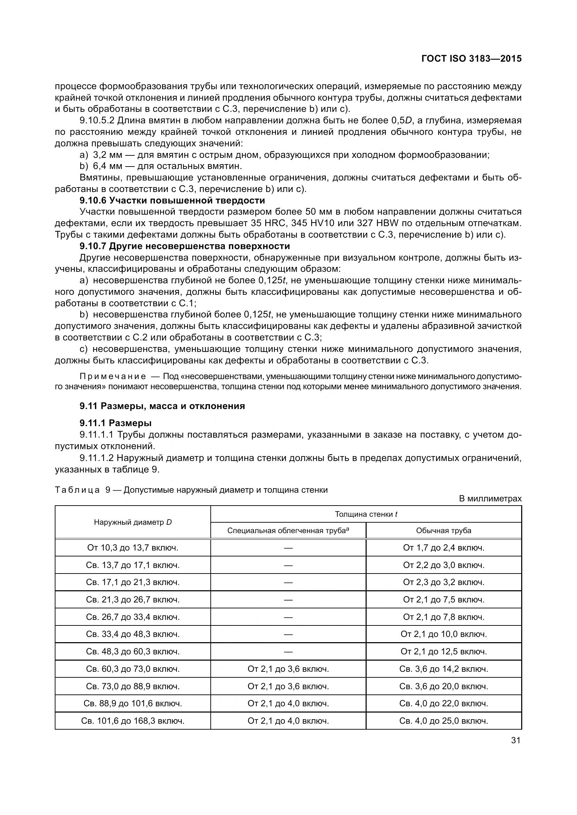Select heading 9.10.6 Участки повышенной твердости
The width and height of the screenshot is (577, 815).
coord(172,201)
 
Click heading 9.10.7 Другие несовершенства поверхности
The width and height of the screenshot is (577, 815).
coord(185,246)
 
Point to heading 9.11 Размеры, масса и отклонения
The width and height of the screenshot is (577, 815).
coord(162,406)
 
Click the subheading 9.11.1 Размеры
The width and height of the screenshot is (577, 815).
coord(116,423)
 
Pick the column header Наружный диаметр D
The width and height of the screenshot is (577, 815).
coord(133,522)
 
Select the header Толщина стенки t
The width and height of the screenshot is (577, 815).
coord(366,514)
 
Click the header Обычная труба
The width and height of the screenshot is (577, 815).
coord(443,531)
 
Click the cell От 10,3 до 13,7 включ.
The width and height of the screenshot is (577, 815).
coord(133,548)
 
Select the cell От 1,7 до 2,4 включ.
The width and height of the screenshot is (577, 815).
coord(443,548)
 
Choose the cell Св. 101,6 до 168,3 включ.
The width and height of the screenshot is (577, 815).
coord(133,721)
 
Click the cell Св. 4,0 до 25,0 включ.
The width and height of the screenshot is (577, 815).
coord(443,721)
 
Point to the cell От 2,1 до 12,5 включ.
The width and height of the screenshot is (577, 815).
coord(443,652)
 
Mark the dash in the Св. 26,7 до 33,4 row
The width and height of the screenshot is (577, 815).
coord(288,617)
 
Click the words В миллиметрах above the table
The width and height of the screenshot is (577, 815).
coord(490,499)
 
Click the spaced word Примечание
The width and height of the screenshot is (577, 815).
coord(113,376)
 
